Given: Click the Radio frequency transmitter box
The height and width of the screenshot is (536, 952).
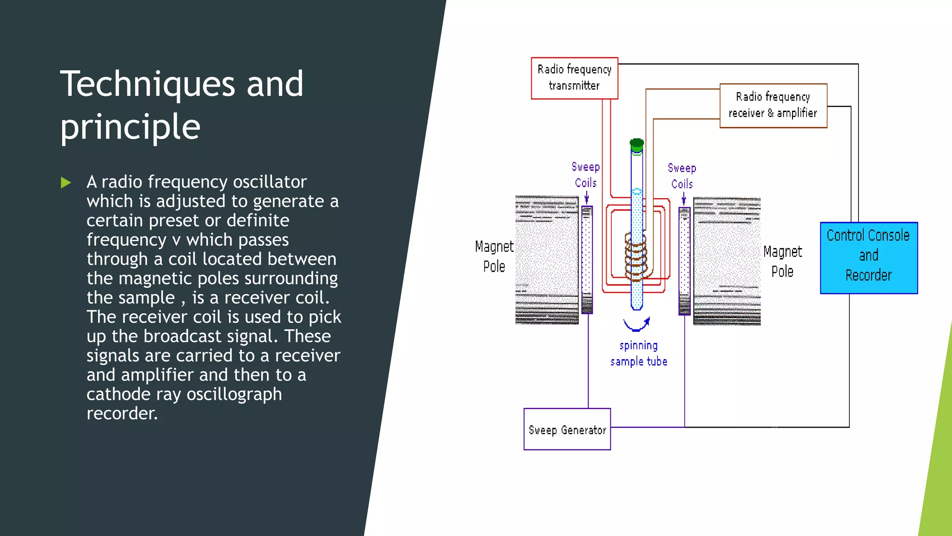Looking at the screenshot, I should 575,78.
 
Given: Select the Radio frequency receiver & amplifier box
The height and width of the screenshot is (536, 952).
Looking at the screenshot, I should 773,106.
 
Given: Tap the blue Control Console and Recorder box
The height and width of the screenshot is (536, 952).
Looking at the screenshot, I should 868,258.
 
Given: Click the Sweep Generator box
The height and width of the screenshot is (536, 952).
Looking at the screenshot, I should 567,429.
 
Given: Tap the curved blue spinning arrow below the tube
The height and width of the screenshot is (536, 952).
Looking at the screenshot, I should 636,324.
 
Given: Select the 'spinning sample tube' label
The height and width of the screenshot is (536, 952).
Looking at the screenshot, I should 639,354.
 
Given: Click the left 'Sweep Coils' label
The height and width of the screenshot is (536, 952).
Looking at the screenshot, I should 586,174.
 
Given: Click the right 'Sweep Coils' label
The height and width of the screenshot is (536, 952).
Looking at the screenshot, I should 682,176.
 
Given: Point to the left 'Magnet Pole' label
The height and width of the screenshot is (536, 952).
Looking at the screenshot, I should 494,256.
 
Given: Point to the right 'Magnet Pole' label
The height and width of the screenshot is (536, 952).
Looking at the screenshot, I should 782,261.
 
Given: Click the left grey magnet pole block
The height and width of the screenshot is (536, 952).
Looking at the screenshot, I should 547,260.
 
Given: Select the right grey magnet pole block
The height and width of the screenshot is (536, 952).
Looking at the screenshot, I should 727,261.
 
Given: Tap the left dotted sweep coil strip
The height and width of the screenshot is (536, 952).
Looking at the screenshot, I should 587,260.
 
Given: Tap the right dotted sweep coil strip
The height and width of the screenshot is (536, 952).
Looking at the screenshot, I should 684,261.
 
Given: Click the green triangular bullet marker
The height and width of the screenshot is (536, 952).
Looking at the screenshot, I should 66,182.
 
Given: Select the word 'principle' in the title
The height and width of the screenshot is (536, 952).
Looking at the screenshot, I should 130,127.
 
